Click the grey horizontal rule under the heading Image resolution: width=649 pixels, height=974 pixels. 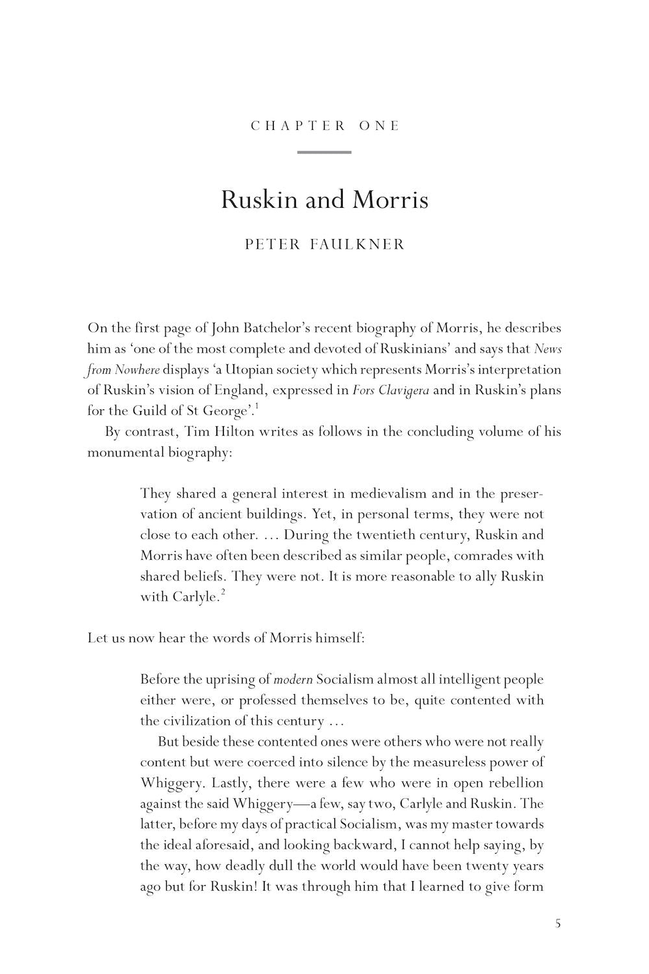324,153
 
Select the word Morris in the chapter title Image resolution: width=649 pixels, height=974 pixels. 390,199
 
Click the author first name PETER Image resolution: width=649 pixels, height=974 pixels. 273,245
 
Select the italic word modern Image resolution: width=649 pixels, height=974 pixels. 293,680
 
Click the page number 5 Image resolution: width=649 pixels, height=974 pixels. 557,923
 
